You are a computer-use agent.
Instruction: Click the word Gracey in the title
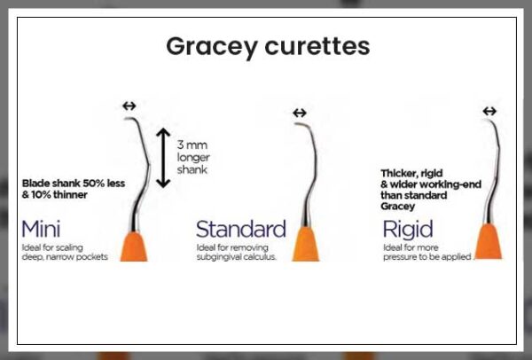click(211, 46)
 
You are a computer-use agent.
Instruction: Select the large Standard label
click(240, 228)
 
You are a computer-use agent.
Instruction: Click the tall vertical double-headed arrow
click(162, 157)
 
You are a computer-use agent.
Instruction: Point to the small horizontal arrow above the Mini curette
click(129, 106)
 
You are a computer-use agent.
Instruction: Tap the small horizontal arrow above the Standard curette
click(299, 113)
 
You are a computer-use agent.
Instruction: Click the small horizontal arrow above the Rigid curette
click(489, 111)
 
